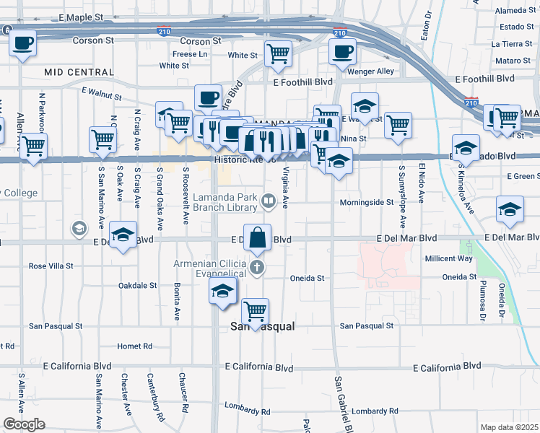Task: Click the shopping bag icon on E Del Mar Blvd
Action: (258, 237)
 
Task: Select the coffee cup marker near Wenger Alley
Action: (342, 51)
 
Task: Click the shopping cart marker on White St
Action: (278, 53)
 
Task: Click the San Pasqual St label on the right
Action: (367, 325)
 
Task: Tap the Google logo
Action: (24, 424)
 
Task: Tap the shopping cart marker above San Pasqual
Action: (256, 310)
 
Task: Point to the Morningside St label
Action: (367, 203)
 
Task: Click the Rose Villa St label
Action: (51, 266)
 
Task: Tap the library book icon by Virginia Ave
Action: (268, 201)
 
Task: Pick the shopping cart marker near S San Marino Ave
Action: (103, 139)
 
